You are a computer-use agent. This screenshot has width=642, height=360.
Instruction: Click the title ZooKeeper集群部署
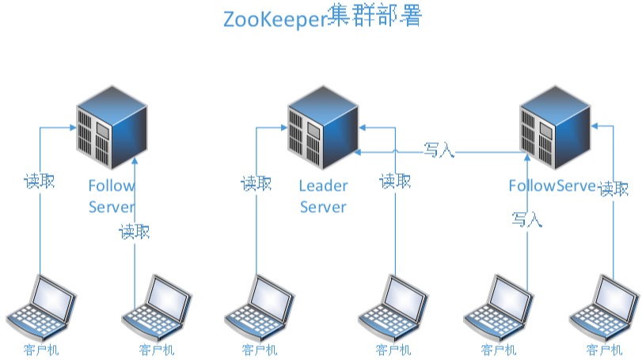[321, 17]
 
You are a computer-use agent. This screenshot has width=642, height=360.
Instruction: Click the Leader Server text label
[323, 196]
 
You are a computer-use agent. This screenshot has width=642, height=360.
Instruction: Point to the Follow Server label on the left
[112, 196]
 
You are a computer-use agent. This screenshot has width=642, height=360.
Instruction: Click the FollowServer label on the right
[551, 186]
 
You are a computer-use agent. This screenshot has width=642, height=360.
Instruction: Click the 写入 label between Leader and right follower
[439, 150]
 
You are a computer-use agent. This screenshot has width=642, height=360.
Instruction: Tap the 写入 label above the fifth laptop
[526, 219]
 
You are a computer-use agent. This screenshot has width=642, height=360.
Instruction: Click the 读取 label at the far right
[614, 189]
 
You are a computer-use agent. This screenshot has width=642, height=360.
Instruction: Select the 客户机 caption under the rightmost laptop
[604, 350]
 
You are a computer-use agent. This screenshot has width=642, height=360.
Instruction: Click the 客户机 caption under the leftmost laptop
[40, 350]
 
